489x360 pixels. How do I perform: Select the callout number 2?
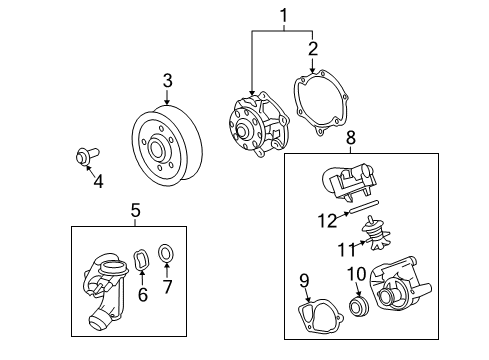(x=312, y=47)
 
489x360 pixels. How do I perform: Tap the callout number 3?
(x=168, y=80)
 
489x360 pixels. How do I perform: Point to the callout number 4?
(x=97, y=181)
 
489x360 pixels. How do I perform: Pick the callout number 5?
(x=136, y=210)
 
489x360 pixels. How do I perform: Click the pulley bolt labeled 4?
(x=83, y=157)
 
